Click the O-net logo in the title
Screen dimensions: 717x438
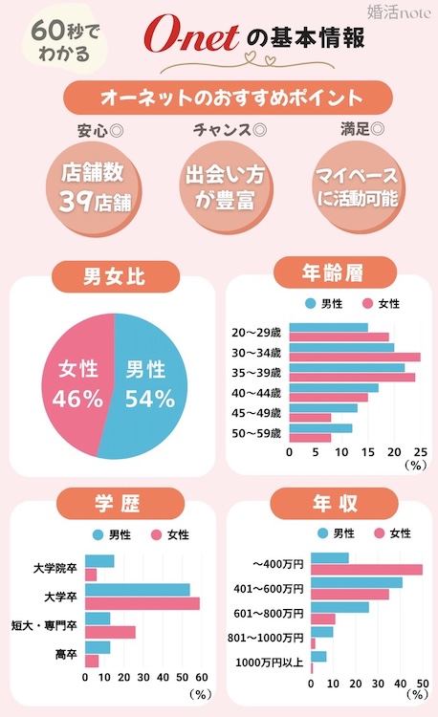coord(190,37)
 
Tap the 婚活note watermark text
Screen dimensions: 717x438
coord(396,13)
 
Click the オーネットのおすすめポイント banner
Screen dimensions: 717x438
coord(219,98)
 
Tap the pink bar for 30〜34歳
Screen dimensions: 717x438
coord(354,358)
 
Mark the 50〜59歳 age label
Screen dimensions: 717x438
coord(256,433)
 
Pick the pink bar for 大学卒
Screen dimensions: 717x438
coord(142,604)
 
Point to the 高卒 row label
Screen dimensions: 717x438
coord(66,654)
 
